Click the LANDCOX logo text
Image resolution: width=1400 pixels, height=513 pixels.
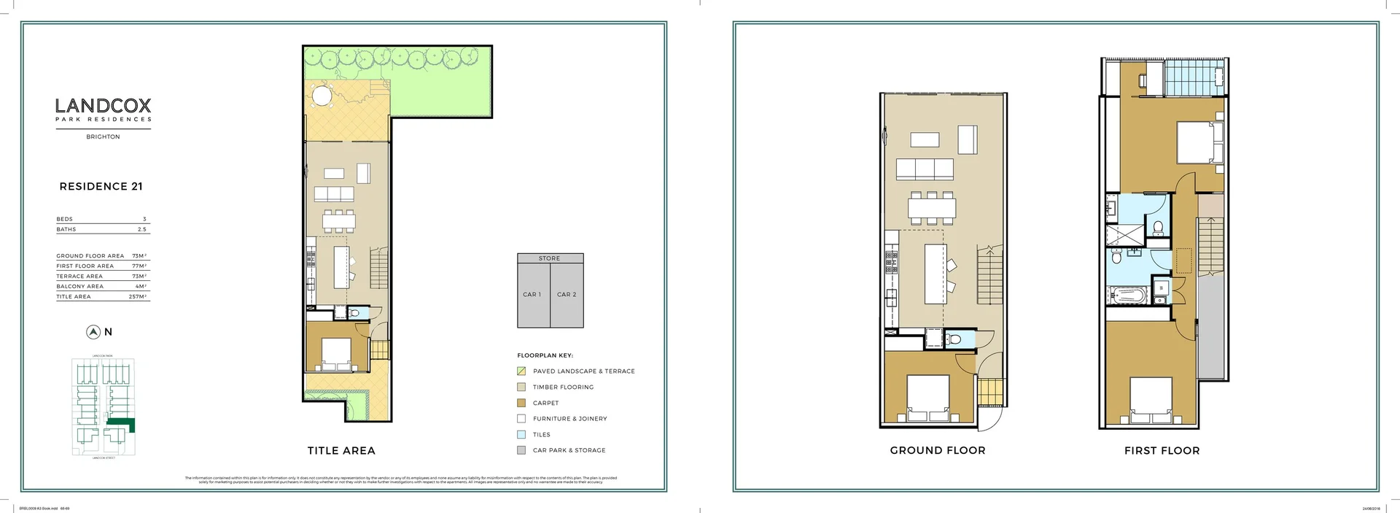pos(103,106)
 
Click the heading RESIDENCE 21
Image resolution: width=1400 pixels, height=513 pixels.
pos(101,187)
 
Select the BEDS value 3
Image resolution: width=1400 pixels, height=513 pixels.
pos(144,219)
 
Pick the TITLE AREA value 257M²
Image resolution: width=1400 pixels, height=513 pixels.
pos(139,297)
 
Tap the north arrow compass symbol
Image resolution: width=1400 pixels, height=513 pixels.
pos(93,332)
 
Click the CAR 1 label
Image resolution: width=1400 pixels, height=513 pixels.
pos(532,295)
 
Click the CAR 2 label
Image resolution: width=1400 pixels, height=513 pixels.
pos(567,295)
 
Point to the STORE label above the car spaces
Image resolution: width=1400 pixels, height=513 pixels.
pos(550,258)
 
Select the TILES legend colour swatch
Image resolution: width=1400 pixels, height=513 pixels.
pos(521,435)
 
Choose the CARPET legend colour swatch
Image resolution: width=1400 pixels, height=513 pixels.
pos(521,403)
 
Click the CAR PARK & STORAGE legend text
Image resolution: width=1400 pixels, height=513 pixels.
pos(569,450)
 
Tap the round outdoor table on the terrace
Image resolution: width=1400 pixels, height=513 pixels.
pos(321,96)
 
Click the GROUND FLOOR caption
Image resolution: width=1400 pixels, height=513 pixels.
pos(937,450)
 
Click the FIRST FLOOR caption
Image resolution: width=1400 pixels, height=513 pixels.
pos(1162,450)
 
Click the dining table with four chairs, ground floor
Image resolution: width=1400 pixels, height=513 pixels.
pos(931,207)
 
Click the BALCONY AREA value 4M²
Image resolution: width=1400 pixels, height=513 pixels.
pos(141,287)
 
